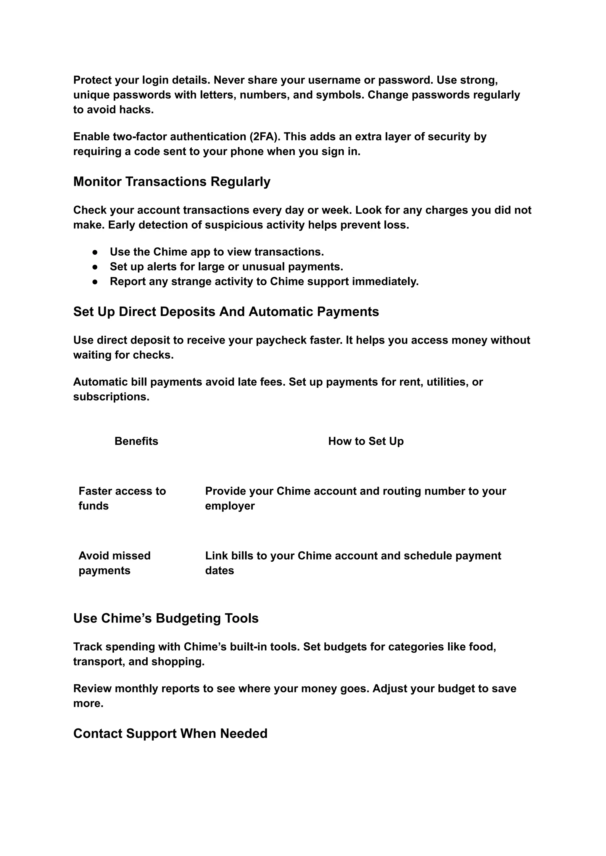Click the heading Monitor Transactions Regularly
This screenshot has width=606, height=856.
[x=172, y=182]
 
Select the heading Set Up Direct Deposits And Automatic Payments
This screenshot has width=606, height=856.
[x=226, y=312]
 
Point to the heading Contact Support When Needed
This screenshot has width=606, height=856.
[x=170, y=733]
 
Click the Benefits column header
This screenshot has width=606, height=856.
[x=136, y=441]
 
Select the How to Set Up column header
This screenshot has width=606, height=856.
[x=366, y=441]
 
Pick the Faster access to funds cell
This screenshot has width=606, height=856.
[x=122, y=498]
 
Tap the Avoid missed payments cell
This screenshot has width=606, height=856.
[x=114, y=563]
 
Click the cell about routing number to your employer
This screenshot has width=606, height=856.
[x=355, y=498]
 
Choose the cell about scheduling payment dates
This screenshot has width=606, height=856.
[x=353, y=563]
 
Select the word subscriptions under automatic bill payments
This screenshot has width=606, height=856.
[x=111, y=397]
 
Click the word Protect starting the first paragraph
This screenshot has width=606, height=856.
[x=92, y=80]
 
